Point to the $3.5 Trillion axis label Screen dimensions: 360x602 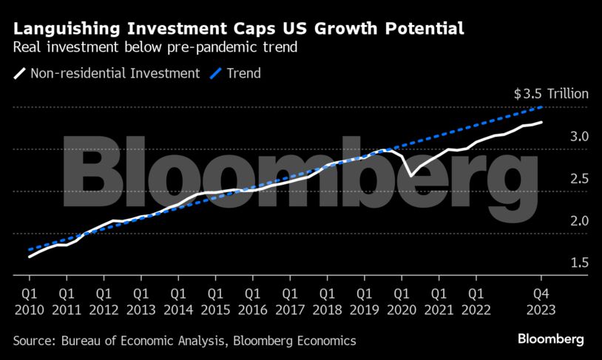click(x=551, y=94)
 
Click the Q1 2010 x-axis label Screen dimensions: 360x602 click(x=29, y=299)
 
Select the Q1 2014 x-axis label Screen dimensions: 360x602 click(x=177, y=299)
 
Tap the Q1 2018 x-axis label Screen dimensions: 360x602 click(x=327, y=299)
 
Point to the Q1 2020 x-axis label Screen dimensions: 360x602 click(x=402, y=299)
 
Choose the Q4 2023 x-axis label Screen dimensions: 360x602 click(x=541, y=299)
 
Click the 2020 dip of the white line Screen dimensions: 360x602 click(x=410, y=175)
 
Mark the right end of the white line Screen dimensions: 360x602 click(x=542, y=122)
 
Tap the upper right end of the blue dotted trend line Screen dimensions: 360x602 click(x=543, y=108)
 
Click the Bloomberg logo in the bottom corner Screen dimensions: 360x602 click(x=550, y=339)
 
